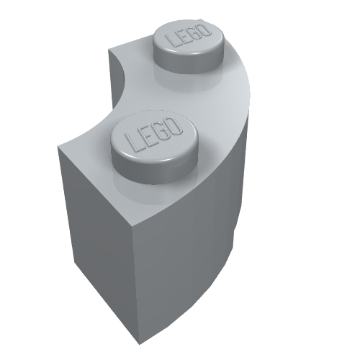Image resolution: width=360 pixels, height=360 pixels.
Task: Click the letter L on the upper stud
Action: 172,40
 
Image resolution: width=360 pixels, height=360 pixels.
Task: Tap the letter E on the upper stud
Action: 184,37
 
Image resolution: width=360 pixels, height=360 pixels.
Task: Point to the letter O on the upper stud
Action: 205,30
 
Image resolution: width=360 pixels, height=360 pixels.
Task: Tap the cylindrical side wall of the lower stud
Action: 153,171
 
